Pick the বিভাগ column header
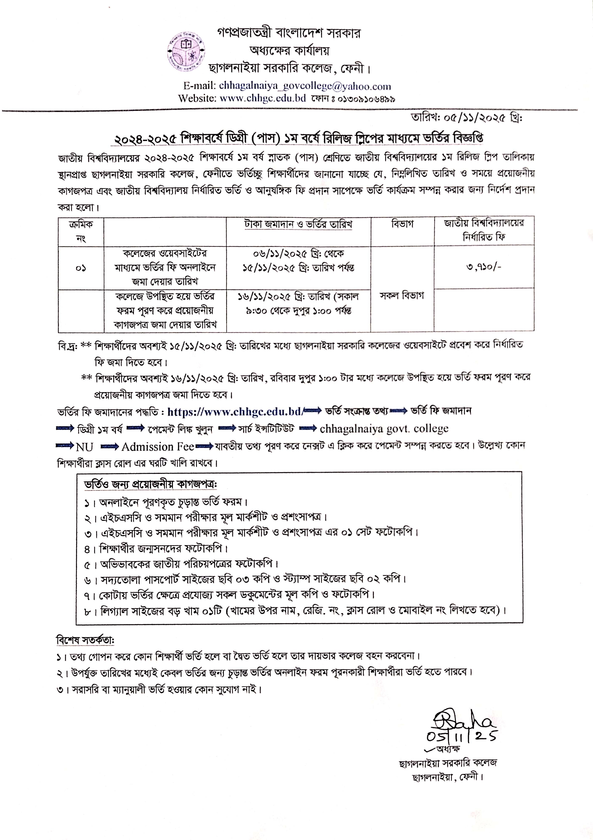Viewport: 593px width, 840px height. tap(402, 224)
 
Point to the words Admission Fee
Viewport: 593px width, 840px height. tap(158, 447)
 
